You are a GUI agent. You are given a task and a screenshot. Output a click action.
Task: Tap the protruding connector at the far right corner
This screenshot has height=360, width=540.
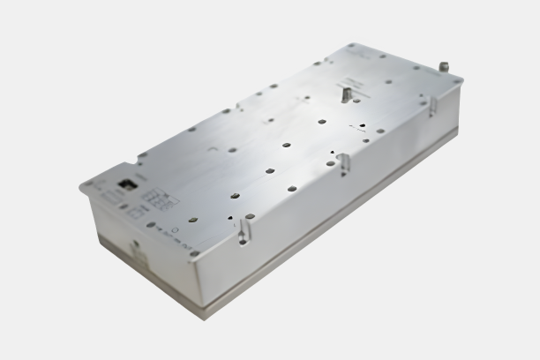click(444, 66)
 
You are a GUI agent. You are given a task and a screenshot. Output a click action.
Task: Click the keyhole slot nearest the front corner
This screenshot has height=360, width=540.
click(244, 231)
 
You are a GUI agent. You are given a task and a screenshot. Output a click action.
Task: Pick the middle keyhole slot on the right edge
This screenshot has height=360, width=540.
click(344, 162)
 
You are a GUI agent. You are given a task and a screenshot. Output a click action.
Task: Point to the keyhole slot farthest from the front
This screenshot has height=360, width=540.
click(432, 105)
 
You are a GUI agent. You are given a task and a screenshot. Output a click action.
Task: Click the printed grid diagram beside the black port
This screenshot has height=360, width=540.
click(156, 199)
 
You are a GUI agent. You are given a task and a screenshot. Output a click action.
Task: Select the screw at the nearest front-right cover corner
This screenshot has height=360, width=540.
click(194, 253)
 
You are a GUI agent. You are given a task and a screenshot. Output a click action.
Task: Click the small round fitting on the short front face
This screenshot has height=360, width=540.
click(135, 248)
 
